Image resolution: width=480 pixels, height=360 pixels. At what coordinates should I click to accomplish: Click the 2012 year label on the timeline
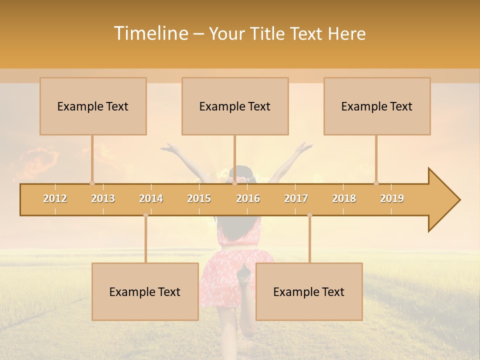click(x=55, y=198)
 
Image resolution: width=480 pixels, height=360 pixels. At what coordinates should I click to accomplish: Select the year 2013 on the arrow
click(x=103, y=198)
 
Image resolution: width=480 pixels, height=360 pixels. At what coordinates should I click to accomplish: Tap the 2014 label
click(x=151, y=198)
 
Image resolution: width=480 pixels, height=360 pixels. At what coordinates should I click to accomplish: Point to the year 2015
click(x=199, y=198)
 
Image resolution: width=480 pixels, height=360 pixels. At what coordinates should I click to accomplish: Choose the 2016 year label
click(x=248, y=198)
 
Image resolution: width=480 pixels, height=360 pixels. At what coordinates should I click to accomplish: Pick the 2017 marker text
click(x=296, y=198)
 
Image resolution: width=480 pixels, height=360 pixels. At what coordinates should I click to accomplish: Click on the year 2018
click(x=344, y=198)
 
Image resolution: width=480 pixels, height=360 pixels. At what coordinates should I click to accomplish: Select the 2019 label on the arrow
click(x=392, y=198)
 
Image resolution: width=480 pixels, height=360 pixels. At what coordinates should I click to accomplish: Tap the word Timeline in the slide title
click(x=150, y=33)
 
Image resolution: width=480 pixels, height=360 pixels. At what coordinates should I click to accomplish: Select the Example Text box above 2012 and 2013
click(x=93, y=106)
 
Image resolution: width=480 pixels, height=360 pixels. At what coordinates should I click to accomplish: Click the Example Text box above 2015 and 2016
click(x=235, y=106)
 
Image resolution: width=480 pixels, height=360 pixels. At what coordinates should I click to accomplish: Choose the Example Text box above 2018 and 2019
click(x=377, y=106)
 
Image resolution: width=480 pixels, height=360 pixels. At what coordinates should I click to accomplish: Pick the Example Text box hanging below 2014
click(x=145, y=292)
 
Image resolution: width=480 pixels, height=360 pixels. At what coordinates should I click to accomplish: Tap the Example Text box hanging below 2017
click(x=309, y=292)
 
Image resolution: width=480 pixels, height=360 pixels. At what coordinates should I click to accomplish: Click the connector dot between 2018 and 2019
click(x=376, y=183)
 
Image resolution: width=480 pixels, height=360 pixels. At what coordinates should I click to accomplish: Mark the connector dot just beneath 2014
click(x=145, y=215)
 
